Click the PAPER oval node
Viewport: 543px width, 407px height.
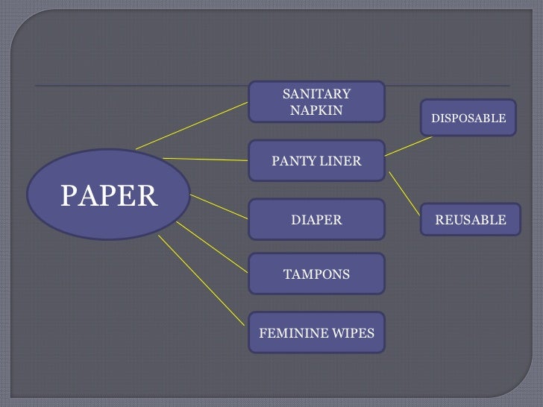(109, 195)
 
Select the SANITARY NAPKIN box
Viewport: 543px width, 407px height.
(316, 102)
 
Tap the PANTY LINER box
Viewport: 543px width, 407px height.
(316, 160)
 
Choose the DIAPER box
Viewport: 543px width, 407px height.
(316, 220)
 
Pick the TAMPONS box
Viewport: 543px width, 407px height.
(316, 274)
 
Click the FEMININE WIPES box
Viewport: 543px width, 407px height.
(316, 332)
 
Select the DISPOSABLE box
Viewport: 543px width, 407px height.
(468, 118)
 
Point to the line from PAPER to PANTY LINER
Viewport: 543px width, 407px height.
(205, 159)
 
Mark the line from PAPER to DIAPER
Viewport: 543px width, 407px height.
(219, 206)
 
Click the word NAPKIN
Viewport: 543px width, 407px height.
(316, 110)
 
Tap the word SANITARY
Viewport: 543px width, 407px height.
(316, 94)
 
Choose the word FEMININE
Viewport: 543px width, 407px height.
(294, 333)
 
